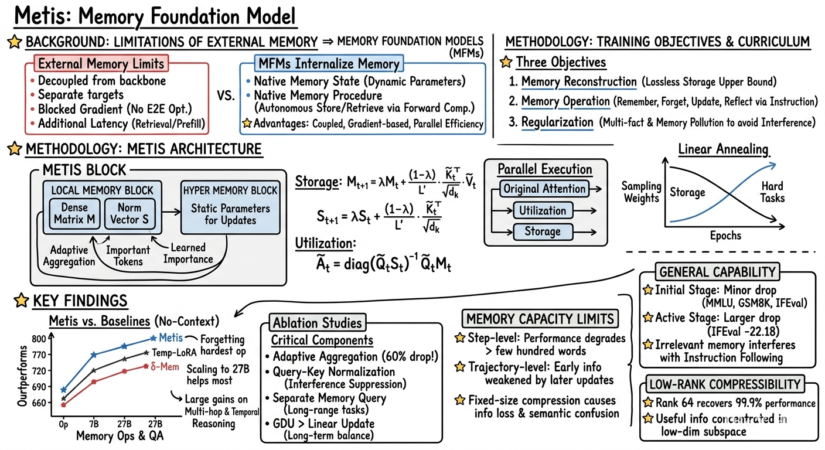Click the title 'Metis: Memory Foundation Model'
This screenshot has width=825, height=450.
155,16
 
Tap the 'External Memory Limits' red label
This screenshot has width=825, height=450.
101,64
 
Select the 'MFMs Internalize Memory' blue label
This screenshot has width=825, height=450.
329,63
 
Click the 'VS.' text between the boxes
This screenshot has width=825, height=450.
226,96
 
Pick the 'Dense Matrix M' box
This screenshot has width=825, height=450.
74,214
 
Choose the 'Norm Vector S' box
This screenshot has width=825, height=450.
129,214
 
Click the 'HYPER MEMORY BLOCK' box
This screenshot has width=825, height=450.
230,207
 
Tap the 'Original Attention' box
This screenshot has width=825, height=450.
544,189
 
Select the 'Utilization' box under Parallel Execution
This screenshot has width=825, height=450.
543,210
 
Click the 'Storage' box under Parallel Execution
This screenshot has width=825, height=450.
543,231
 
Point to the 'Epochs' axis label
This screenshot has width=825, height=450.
725,236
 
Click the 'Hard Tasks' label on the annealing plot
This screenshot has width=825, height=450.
772,192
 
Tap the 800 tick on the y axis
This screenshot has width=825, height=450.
39,339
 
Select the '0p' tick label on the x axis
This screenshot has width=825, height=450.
63,425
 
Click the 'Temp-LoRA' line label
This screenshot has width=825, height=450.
174,353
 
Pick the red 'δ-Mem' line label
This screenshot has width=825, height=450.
165,367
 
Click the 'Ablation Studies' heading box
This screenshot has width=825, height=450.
317,323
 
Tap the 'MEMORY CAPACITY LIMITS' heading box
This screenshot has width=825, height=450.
540,319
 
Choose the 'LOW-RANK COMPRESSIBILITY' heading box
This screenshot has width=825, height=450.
725,384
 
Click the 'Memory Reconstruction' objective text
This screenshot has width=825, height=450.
579,82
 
